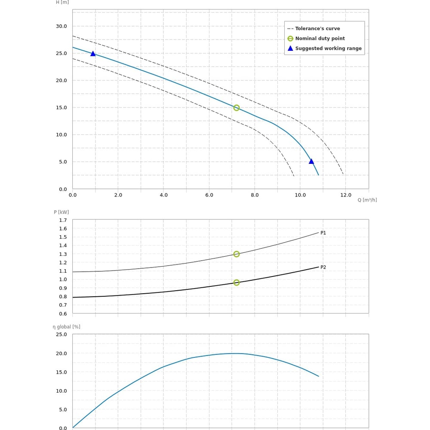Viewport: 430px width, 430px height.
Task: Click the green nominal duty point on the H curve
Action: click(x=236, y=108)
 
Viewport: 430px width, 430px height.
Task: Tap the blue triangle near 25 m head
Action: click(x=93, y=54)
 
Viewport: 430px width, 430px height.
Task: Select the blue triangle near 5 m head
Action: click(x=311, y=161)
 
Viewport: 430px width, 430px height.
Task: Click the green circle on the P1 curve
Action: click(x=236, y=254)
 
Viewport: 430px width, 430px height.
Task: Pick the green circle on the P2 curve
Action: click(x=236, y=283)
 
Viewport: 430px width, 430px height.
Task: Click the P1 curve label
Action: click(x=323, y=233)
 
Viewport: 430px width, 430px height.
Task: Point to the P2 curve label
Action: click(x=323, y=267)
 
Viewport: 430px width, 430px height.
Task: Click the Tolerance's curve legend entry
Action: click(x=317, y=29)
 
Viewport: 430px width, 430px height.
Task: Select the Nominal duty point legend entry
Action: click(x=320, y=39)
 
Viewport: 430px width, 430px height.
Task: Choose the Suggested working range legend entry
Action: click(x=328, y=49)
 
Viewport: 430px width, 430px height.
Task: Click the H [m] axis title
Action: click(x=62, y=2)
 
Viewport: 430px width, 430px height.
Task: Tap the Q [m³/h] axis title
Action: click(x=367, y=200)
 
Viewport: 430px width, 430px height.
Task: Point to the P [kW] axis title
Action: click(x=61, y=212)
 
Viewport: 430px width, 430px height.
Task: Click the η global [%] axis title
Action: click(x=67, y=327)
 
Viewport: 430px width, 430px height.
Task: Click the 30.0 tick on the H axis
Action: click(x=61, y=26)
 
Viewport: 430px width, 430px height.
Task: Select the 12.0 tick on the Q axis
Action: click(x=346, y=195)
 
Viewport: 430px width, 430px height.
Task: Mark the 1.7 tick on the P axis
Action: click(x=63, y=220)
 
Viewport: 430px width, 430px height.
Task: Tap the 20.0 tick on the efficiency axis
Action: click(x=61, y=353)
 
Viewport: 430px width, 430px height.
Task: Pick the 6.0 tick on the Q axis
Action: click(x=209, y=195)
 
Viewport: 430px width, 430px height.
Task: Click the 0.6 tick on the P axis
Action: click(x=63, y=314)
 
